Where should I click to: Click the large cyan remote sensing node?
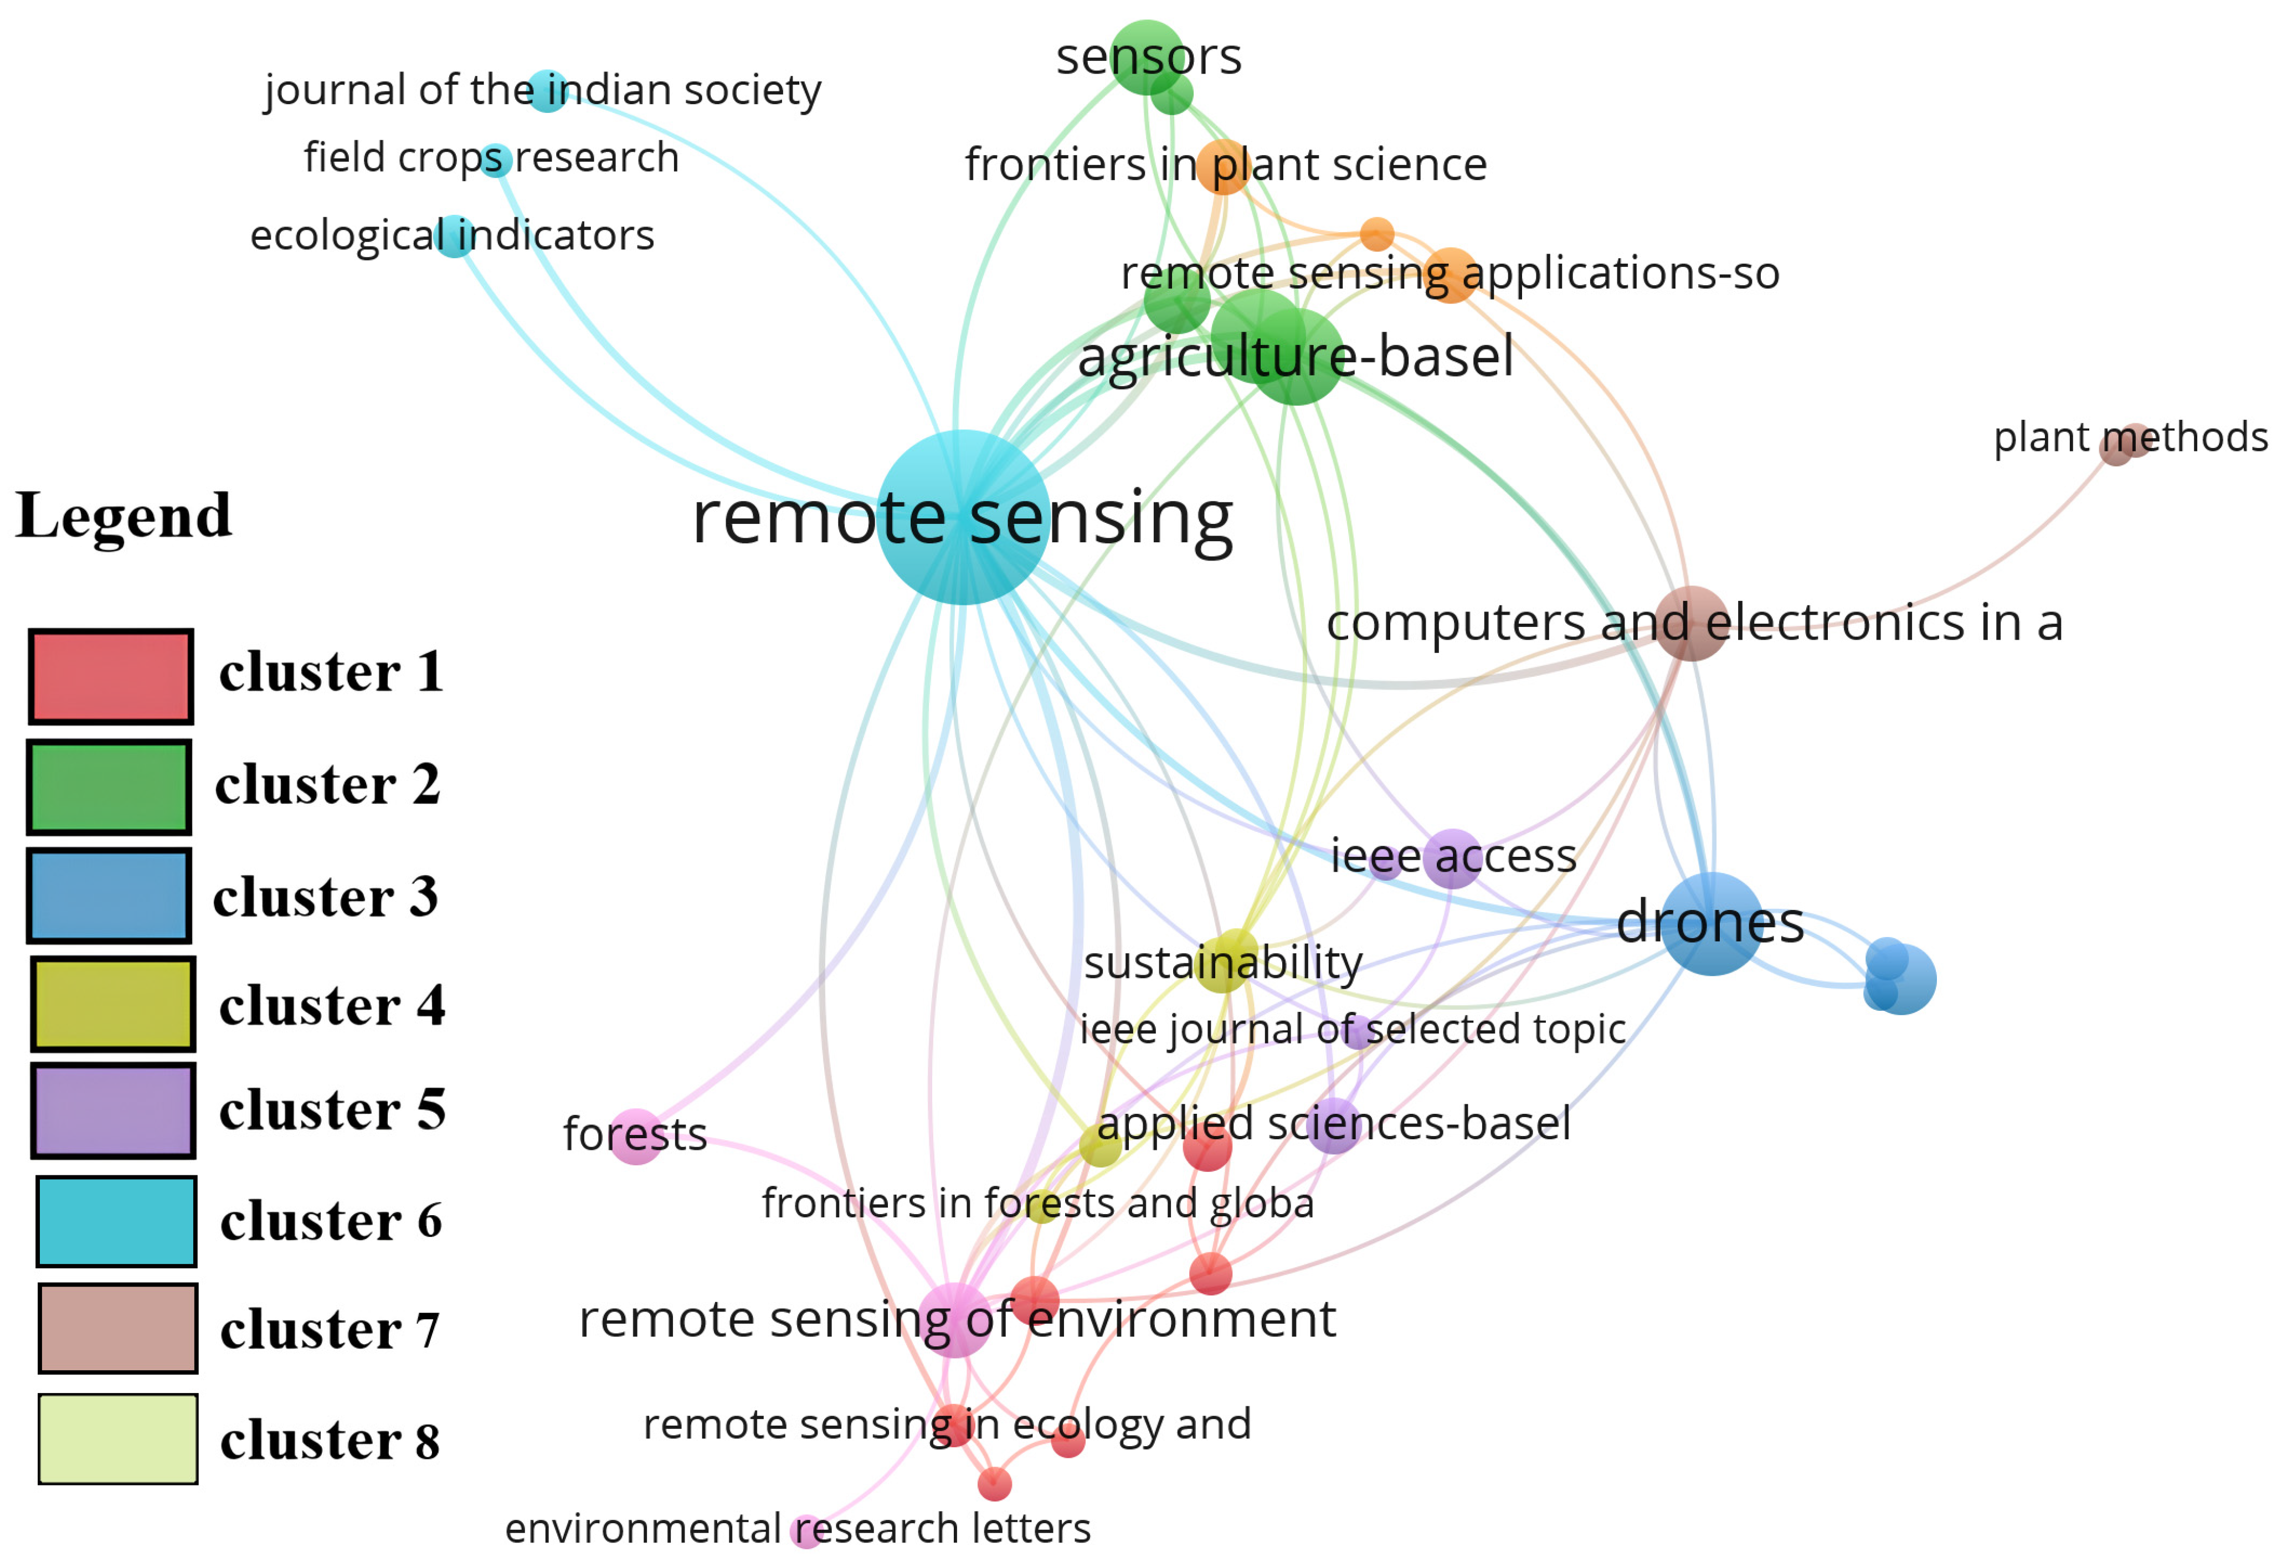(962, 517)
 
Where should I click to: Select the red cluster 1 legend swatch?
(110, 676)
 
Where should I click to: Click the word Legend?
(124, 516)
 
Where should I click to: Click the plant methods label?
(2130, 437)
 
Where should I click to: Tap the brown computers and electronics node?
(1691, 624)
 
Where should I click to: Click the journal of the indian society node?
(547, 91)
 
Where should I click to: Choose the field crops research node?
(496, 159)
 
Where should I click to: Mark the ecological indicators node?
(455, 236)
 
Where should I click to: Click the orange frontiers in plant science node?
(1224, 166)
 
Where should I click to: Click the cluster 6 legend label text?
(331, 1221)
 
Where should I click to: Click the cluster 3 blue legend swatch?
(109, 896)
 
